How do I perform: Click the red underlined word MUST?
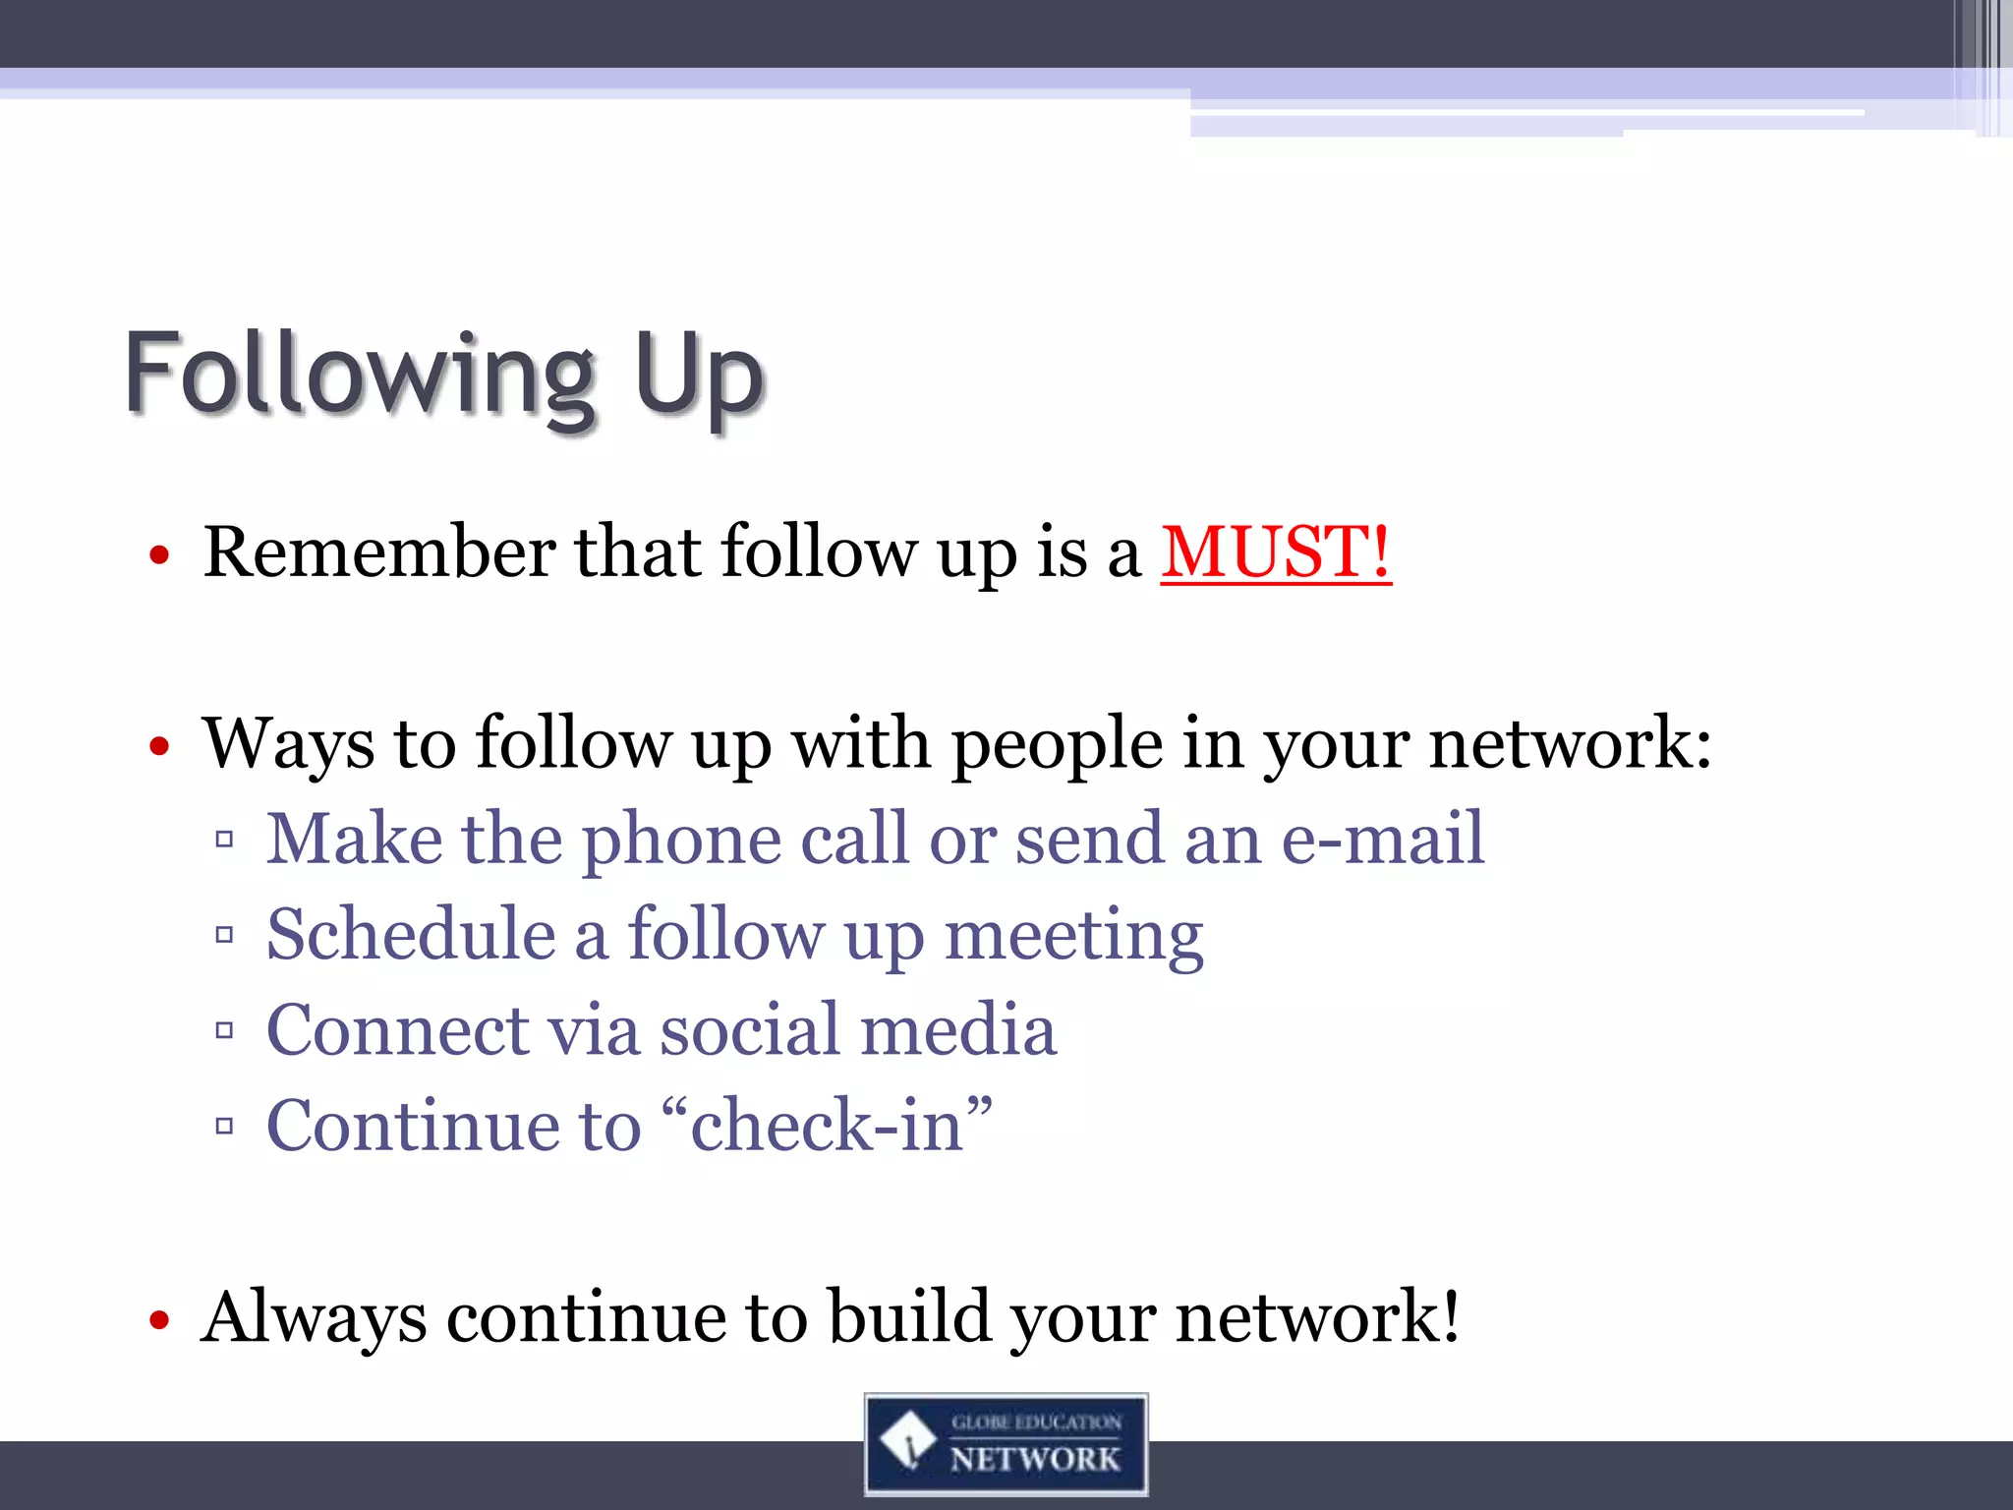[x=1275, y=552]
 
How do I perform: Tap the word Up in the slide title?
[x=699, y=377]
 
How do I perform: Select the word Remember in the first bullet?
[x=379, y=552]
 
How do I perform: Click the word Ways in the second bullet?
[x=288, y=744]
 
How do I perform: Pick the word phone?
[x=681, y=841]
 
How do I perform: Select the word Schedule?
[x=411, y=935]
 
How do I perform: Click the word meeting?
[x=1073, y=937]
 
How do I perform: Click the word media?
[x=958, y=1030]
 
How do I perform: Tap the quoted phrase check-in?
[x=827, y=1126]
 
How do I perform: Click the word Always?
[x=314, y=1318]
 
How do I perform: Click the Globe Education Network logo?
[x=1006, y=1444]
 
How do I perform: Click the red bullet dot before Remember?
[x=159, y=556]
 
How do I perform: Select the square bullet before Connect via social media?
[x=224, y=1031]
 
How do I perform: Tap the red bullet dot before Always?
[x=159, y=1320]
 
